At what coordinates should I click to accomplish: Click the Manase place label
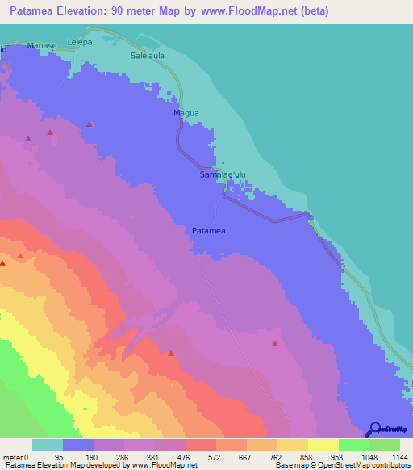41,48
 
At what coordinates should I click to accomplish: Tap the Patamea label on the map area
208,232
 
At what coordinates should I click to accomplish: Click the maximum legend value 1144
398,456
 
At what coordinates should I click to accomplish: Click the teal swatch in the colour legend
48,445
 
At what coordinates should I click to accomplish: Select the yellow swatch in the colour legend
323,445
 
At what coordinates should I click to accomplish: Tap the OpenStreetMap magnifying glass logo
373,430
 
